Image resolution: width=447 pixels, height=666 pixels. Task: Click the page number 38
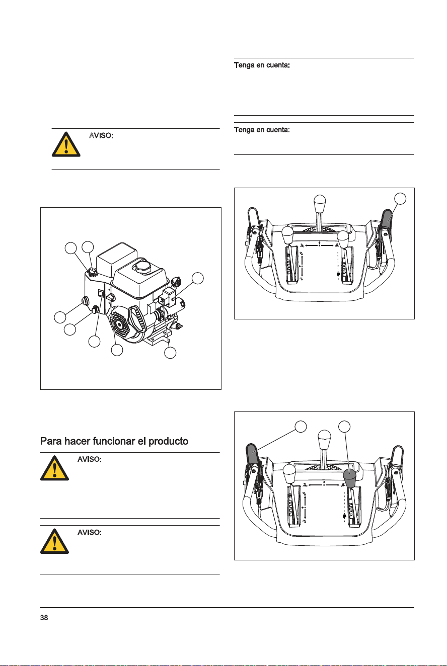pyautogui.click(x=44, y=618)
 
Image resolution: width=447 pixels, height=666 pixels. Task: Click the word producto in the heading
pyautogui.click(x=168, y=442)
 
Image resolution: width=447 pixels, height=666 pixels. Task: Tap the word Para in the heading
pyautogui.click(x=51, y=442)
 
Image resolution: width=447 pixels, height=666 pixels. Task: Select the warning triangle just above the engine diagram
pyautogui.click(x=66, y=144)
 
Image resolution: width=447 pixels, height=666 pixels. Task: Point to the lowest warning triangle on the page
pyautogui.click(x=54, y=541)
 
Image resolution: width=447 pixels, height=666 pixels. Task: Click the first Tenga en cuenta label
pyautogui.click(x=262, y=65)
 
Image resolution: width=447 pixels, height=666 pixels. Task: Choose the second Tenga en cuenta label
pyautogui.click(x=262, y=130)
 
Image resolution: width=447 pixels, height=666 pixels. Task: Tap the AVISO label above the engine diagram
pyautogui.click(x=101, y=136)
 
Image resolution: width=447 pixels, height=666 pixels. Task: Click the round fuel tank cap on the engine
pyautogui.click(x=142, y=265)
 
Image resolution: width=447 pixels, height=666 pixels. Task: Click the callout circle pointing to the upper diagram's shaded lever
pyautogui.click(x=400, y=199)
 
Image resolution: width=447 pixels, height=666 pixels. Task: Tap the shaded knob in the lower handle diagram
pyautogui.click(x=350, y=478)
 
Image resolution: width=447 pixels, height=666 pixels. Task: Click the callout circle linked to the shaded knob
pyautogui.click(x=344, y=427)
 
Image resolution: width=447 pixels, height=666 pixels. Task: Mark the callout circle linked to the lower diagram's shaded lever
pyautogui.click(x=301, y=427)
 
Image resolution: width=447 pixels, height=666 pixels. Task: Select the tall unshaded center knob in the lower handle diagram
pyautogui.click(x=324, y=439)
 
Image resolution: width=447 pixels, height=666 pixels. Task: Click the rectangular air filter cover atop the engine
pyautogui.click(x=117, y=257)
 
